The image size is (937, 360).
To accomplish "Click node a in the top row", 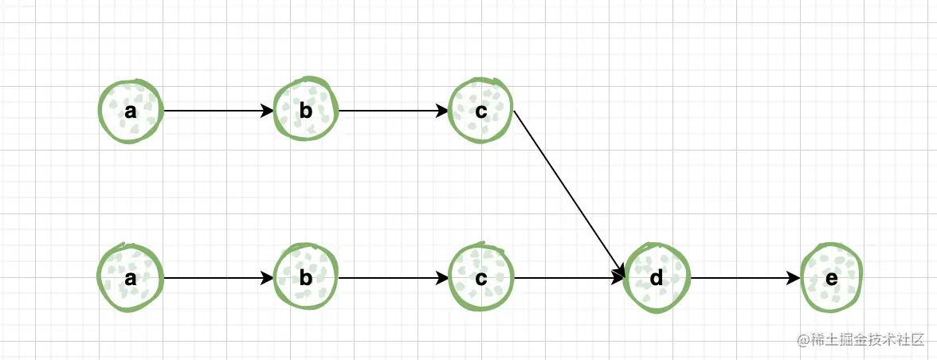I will point(131,112).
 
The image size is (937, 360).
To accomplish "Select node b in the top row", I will point(306,112).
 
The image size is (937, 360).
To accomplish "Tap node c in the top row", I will point(481,112).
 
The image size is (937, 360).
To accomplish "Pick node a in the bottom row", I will point(131,278).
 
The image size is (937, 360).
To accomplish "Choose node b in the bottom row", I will point(306,278).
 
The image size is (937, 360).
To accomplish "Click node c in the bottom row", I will point(481,278).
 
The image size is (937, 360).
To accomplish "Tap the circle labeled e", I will point(832,278).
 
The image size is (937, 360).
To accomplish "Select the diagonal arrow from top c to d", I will point(569,194).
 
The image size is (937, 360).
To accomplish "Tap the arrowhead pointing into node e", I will point(794,278).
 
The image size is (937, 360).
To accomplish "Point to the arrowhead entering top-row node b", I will point(268,112).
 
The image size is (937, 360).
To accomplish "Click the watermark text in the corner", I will point(860,338).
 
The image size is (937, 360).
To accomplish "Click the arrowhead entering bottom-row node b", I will point(268,278).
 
